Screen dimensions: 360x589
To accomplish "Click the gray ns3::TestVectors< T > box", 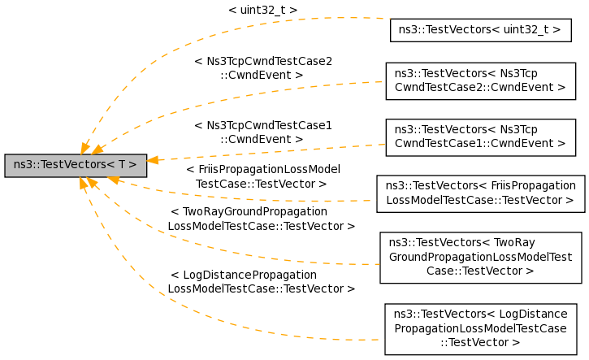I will tap(75, 166).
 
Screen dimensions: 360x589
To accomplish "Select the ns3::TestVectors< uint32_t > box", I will tap(480, 30).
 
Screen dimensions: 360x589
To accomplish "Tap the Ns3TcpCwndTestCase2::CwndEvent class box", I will tap(480, 79).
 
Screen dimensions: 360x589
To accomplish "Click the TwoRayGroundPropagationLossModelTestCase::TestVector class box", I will tap(480, 258).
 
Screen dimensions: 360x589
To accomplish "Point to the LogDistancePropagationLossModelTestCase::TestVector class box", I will tap(480, 329).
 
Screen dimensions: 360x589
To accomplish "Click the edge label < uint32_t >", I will tap(262, 11).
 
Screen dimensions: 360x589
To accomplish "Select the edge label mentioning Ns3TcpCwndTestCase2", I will tap(262, 67).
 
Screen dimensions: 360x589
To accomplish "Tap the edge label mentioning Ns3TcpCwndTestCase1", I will tap(262, 132).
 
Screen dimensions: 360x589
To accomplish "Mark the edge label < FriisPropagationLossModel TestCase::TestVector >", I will tap(262, 176).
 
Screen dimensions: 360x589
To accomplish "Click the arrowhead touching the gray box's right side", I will tap(153, 160).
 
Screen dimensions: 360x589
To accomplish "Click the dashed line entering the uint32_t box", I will tap(357, 18).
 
